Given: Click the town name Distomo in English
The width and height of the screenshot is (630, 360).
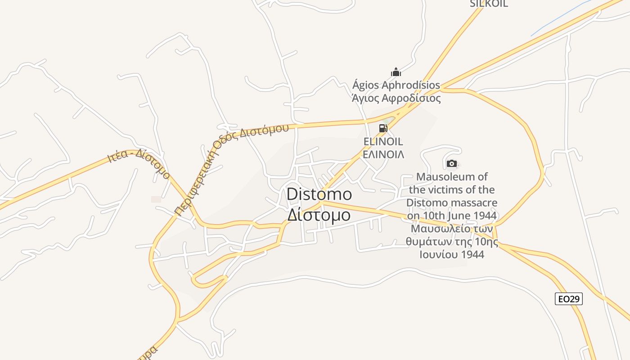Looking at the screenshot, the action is point(319,194).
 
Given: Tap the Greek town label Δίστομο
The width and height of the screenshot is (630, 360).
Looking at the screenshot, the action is point(319,215).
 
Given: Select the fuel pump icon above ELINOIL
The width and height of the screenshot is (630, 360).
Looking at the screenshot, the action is point(383,128).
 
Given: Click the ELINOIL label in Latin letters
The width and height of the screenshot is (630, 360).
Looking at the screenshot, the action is point(383,142).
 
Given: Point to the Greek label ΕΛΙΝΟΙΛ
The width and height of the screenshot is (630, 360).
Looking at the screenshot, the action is point(383,154).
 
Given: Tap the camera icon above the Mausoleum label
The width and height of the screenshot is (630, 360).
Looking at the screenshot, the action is point(452,163).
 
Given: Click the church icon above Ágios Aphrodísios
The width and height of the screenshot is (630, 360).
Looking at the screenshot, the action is point(396,72).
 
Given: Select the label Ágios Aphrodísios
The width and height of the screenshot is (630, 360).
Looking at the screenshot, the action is point(396,85).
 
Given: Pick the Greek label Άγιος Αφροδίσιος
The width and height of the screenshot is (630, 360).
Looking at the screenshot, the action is point(396,98).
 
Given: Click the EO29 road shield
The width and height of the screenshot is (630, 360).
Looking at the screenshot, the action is point(569,299).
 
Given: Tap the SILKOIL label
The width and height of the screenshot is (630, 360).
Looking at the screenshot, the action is point(489,4).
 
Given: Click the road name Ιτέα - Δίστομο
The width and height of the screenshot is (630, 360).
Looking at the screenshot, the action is point(139,164).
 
